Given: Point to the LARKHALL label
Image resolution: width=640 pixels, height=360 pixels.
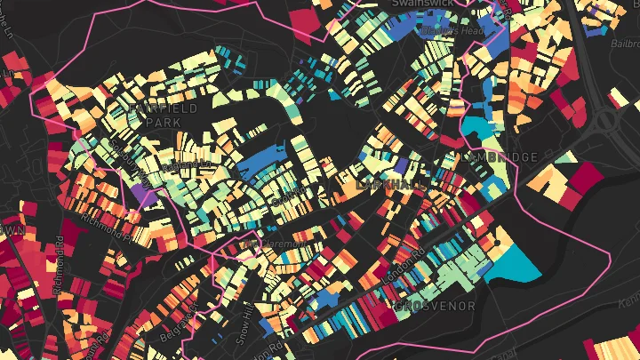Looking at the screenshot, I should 389,184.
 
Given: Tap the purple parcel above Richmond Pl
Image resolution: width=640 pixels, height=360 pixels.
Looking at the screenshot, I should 141,191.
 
